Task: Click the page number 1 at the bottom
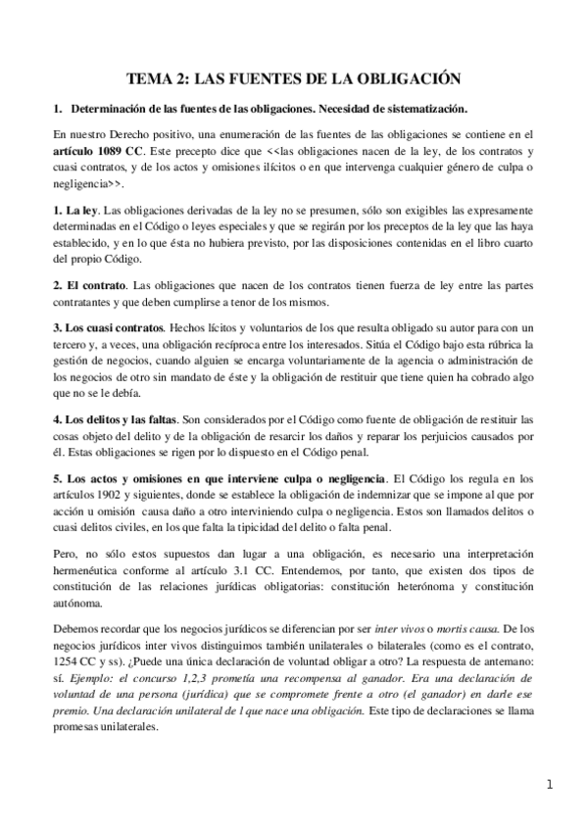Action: (550, 785)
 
